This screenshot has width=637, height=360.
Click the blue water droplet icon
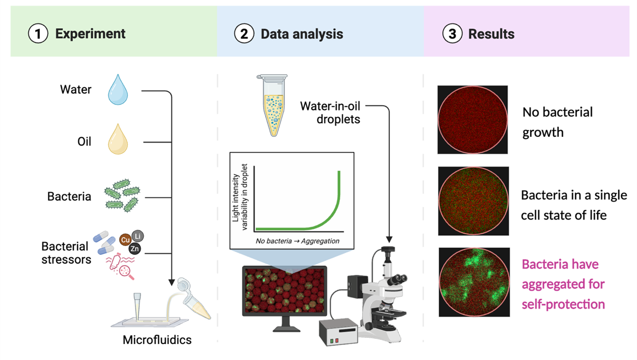(x=117, y=90)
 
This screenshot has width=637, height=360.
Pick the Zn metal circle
(x=135, y=249)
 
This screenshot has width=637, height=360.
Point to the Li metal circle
(x=138, y=236)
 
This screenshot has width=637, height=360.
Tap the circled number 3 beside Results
(x=452, y=34)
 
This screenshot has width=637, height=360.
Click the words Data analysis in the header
(x=302, y=34)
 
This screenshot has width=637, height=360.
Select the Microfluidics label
(x=157, y=340)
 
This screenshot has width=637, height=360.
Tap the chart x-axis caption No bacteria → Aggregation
(x=298, y=241)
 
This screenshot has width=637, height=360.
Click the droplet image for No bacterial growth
(x=473, y=120)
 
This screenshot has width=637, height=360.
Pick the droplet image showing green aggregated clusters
(x=474, y=282)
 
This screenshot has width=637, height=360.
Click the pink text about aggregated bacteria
(x=563, y=284)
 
